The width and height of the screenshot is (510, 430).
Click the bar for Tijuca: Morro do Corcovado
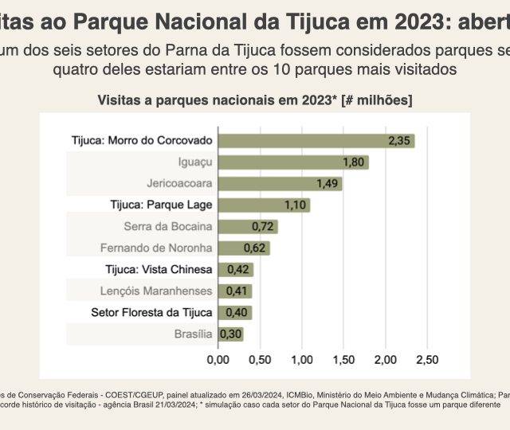pyautogui.click(x=316, y=141)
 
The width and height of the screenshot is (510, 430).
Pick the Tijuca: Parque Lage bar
pyautogui.click(x=264, y=205)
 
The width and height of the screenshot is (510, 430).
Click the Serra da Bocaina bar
pyautogui.click(x=248, y=227)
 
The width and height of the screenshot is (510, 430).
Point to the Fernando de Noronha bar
pyautogui.click(x=244, y=248)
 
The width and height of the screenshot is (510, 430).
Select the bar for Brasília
pyautogui.click(x=230, y=334)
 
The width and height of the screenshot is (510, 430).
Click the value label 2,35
pyautogui.click(x=399, y=141)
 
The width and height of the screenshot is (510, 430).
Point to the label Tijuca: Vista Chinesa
pyautogui.click(x=162, y=270)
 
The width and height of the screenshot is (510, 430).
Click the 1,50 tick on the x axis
pyautogui.click(x=343, y=360)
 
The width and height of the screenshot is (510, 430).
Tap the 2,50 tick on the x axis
pyautogui.click(x=427, y=360)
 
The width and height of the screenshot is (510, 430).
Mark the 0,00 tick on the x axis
pyautogui.click(x=218, y=360)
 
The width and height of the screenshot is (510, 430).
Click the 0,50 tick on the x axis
pyautogui.click(x=260, y=360)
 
